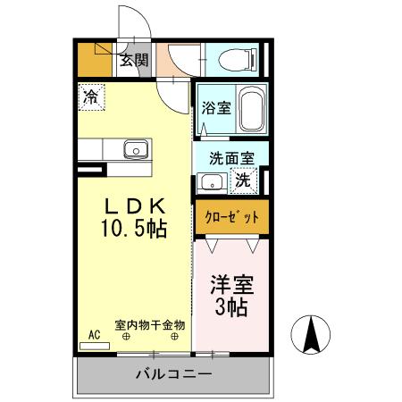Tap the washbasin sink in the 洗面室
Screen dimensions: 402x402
pyautogui.click(x=211, y=181)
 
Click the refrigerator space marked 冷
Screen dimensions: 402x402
pyautogui.click(x=90, y=96)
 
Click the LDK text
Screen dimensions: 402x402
pyautogui.click(x=135, y=204)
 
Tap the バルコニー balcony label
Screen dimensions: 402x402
pyautogui.click(x=172, y=374)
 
